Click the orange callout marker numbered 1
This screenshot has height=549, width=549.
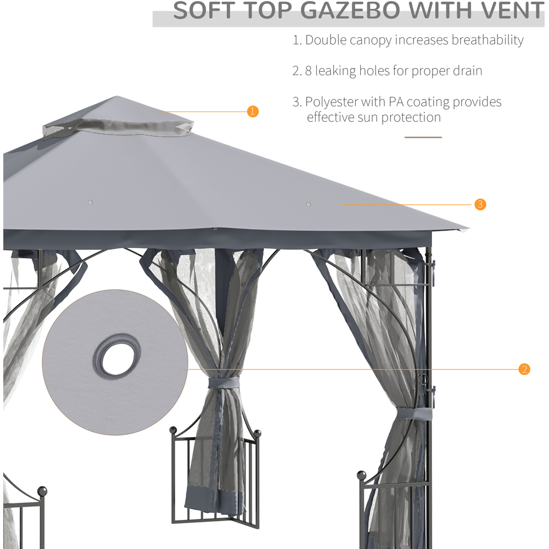coord(253,111)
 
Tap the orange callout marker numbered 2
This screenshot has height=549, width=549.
coord(524,369)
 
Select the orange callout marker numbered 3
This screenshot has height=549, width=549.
coord(480,204)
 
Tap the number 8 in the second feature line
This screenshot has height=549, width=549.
coord(309,71)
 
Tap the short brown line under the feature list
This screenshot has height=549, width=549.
coord(423,137)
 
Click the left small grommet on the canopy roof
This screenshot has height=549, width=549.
coord(90,202)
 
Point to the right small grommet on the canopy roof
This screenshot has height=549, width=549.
coord(309,205)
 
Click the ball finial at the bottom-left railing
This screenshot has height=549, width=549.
coord(42,491)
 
